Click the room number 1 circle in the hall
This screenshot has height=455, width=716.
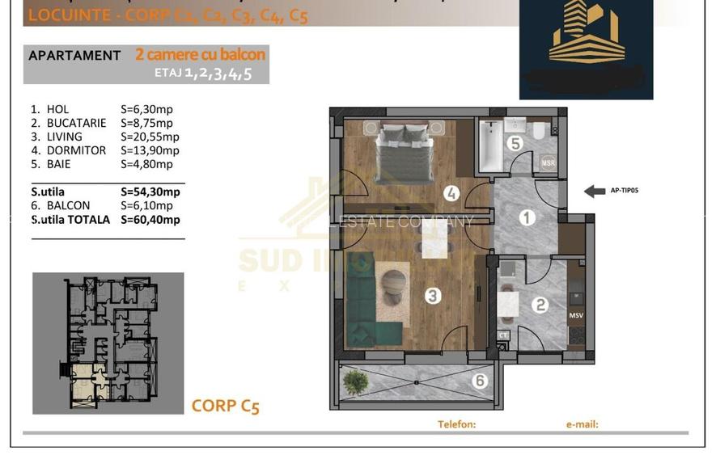click(x=527, y=217)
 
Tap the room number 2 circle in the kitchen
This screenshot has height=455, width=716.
click(x=541, y=305)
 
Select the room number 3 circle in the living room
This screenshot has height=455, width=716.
click(x=433, y=297)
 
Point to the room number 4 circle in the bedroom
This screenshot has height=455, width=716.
click(x=452, y=193)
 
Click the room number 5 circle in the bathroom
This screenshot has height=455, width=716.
click(x=515, y=143)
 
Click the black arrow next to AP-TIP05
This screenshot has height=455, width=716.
click(x=595, y=192)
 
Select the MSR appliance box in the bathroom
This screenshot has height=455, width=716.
click(x=548, y=162)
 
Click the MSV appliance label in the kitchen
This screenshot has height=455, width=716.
click(x=576, y=315)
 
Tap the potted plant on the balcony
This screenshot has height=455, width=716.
click(x=354, y=381)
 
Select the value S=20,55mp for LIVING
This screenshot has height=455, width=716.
click(x=146, y=137)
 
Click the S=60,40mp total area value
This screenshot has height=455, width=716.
click(x=150, y=220)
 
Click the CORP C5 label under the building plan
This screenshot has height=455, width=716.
click(x=225, y=406)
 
